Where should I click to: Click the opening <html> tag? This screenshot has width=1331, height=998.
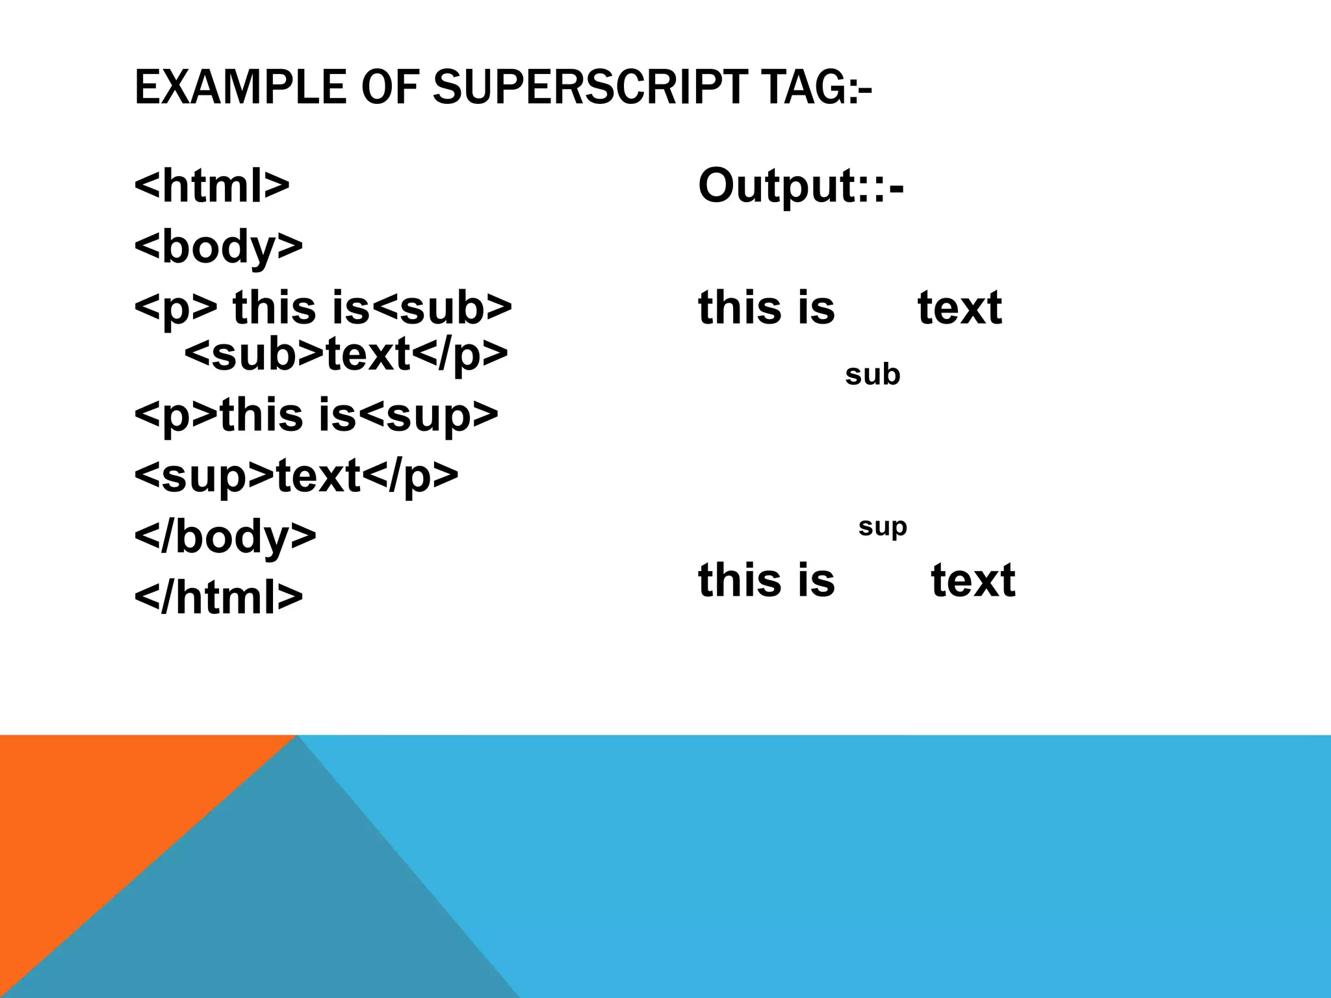pyautogui.click(x=211, y=186)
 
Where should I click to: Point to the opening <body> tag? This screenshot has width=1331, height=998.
pyautogui.click(x=218, y=247)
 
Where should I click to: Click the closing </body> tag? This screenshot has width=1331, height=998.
pyautogui.click(x=225, y=537)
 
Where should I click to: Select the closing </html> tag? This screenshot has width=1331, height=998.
pyautogui.click(x=218, y=596)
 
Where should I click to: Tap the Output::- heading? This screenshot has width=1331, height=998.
pyautogui.click(x=801, y=186)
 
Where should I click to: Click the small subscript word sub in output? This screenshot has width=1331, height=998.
pyautogui.click(x=872, y=375)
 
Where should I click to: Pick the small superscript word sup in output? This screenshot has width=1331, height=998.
pyautogui.click(x=882, y=527)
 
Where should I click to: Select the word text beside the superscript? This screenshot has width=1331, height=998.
pyautogui.click(x=973, y=580)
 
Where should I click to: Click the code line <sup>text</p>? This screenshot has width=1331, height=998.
pyautogui.click(x=296, y=476)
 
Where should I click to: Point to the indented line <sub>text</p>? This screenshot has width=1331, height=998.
pyautogui.click(x=346, y=354)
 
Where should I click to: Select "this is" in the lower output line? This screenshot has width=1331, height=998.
pyautogui.click(x=766, y=580)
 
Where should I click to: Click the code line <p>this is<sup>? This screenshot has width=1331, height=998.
pyautogui.click(x=316, y=415)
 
